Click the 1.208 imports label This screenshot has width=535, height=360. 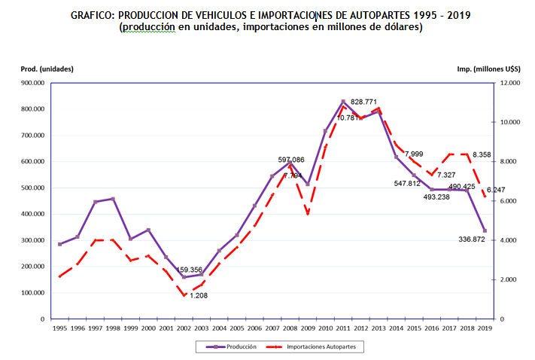[198, 295]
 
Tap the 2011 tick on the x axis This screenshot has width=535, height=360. [342, 328]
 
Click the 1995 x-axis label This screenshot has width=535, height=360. [59, 328]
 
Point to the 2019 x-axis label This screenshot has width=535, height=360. [484, 328]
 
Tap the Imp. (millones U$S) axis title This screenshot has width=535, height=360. [488, 69]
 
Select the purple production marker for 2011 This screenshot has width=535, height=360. [342, 102]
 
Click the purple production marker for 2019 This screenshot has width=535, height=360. [484, 230]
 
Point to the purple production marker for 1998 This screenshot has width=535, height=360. [113, 199]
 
